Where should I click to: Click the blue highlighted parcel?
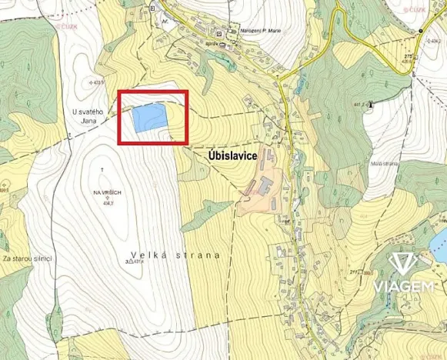pos(149,118)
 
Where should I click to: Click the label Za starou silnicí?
pos(27,258)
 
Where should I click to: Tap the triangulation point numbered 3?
pos(125,262)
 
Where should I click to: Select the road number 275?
pos(408,55)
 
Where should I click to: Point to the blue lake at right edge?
pos(442,245)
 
